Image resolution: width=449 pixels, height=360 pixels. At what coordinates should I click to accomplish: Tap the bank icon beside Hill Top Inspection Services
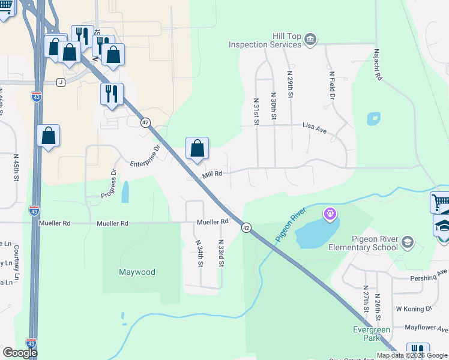(310, 40)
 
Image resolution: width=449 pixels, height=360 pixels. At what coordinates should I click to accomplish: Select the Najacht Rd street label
(378, 65)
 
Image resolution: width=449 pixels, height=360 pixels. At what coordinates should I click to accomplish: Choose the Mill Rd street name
(212, 174)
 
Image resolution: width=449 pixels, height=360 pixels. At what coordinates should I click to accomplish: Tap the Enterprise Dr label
(146, 155)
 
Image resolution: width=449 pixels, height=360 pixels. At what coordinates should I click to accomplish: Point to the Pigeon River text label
(291, 225)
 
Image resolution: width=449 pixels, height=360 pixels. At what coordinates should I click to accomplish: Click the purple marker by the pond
(330, 213)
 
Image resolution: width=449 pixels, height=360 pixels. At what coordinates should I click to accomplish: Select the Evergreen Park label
(372, 334)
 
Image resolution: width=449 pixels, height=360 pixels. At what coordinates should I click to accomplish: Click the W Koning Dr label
(414, 308)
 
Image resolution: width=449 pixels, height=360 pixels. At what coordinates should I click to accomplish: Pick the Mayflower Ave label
(426, 328)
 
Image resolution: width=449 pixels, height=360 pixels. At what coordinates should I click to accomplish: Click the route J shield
(61, 82)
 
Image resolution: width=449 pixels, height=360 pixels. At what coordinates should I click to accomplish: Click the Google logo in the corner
(20, 353)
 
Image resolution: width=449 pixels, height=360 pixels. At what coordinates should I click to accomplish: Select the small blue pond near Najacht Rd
(373, 118)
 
